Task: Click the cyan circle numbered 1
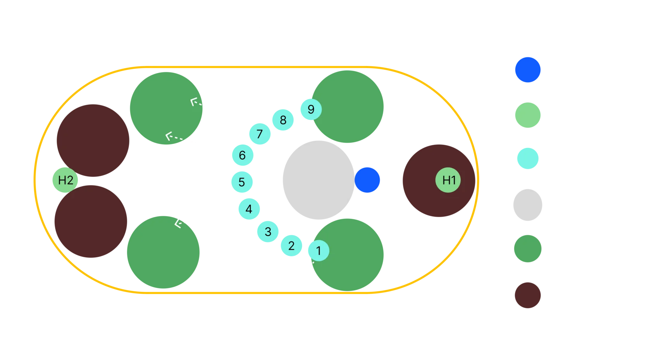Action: tap(319, 250)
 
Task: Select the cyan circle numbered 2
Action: tap(291, 245)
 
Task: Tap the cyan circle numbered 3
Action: tap(268, 232)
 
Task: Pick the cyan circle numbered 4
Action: tap(249, 209)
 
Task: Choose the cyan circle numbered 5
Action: tap(242, 182)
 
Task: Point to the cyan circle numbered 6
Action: tap(242, 155)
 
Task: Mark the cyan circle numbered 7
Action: tap(260, 134)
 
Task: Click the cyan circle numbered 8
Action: tap(283, 120)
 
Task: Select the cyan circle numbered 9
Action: tap(310, 109)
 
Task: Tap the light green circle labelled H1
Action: tap(448, 180)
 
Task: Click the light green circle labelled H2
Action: tap(65, 180)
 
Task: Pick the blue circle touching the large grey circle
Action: tap(367, 180)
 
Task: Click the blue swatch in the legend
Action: tap(528, 70)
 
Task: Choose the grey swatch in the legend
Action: tap(527, 205)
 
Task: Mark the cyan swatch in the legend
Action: tap(527, 159)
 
